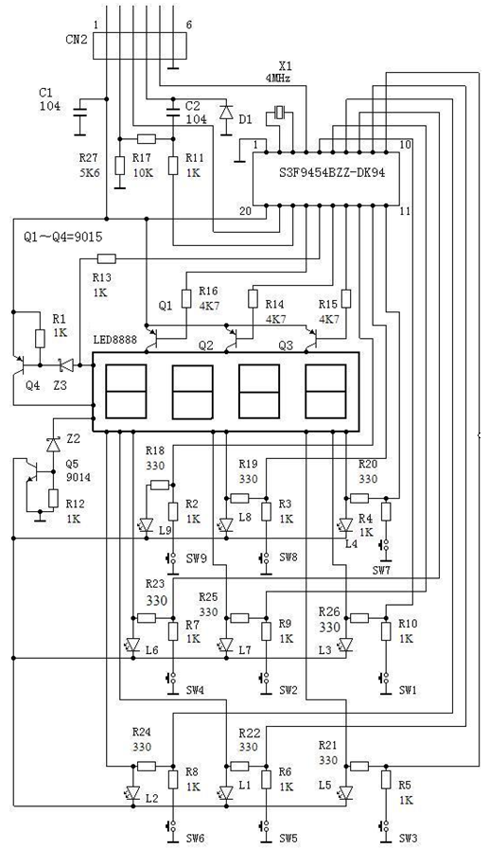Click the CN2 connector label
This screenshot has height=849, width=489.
pos(76,41)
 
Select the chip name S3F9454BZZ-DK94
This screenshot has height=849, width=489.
pos(328,174)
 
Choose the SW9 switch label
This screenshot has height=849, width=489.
pos(198,557)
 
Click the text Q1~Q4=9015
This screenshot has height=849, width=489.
pos(63,237)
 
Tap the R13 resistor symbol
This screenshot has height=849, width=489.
pos(106,258)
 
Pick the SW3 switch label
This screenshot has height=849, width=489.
pos(409,839)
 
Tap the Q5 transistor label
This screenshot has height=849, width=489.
pos(73,464)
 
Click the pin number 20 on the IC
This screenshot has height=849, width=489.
pos(246,211)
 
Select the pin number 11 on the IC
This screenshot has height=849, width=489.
pos(405,211)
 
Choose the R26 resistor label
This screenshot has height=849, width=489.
pos(329,611)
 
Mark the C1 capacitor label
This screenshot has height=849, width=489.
pos(45,93)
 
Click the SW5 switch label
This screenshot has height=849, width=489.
pos(288,839)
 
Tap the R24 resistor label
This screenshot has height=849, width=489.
pos(141,732)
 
